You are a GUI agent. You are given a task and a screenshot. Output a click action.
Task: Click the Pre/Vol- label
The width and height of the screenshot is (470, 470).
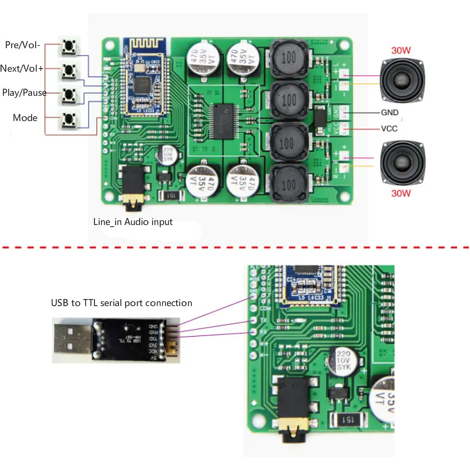(22, 45)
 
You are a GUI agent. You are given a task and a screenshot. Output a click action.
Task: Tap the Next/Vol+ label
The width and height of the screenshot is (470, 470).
(22, 69)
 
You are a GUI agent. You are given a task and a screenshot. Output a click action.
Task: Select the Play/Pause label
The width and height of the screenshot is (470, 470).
(25, 93)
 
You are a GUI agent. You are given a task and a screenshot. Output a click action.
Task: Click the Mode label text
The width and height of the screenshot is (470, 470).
(25, 118)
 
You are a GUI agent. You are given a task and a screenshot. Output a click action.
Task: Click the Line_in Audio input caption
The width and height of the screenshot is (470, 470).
(133, 222)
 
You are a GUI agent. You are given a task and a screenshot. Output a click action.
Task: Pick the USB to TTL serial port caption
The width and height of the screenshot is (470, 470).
(121, 303)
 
